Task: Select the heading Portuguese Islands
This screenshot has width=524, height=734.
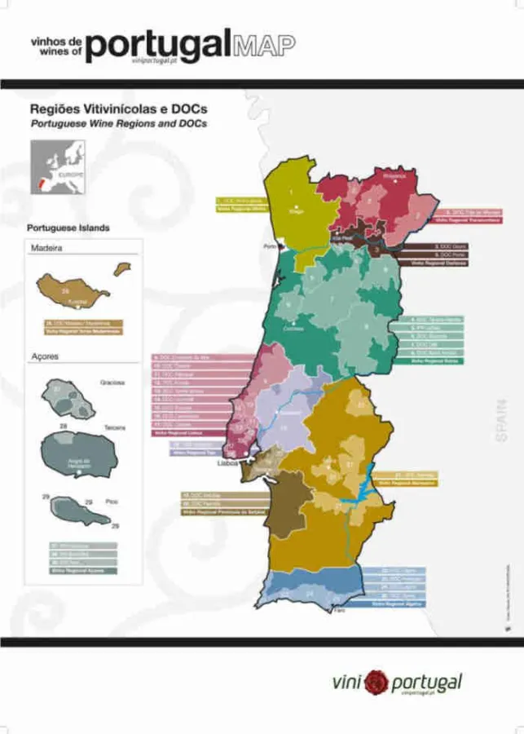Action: pos(68,228)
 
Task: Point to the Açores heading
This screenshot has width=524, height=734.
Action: pos(44,356)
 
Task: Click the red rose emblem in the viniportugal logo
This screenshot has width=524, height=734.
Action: pos(376,681)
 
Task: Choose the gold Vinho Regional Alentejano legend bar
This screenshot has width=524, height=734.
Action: pos(404,483)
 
